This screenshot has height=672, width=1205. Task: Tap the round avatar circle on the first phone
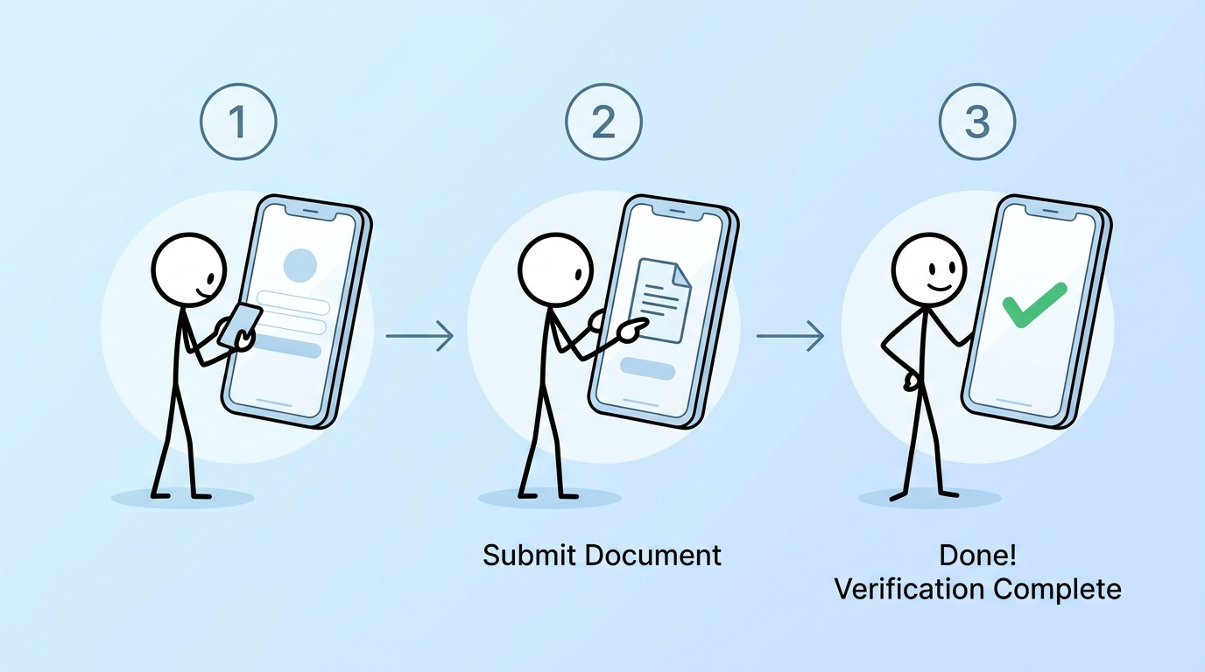300,263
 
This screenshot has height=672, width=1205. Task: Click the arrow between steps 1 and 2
419,335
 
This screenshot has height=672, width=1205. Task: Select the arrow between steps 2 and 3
790,335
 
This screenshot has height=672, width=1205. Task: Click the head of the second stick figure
553,271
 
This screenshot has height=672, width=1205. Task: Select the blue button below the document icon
646,369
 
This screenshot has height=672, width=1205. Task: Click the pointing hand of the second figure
629,327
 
